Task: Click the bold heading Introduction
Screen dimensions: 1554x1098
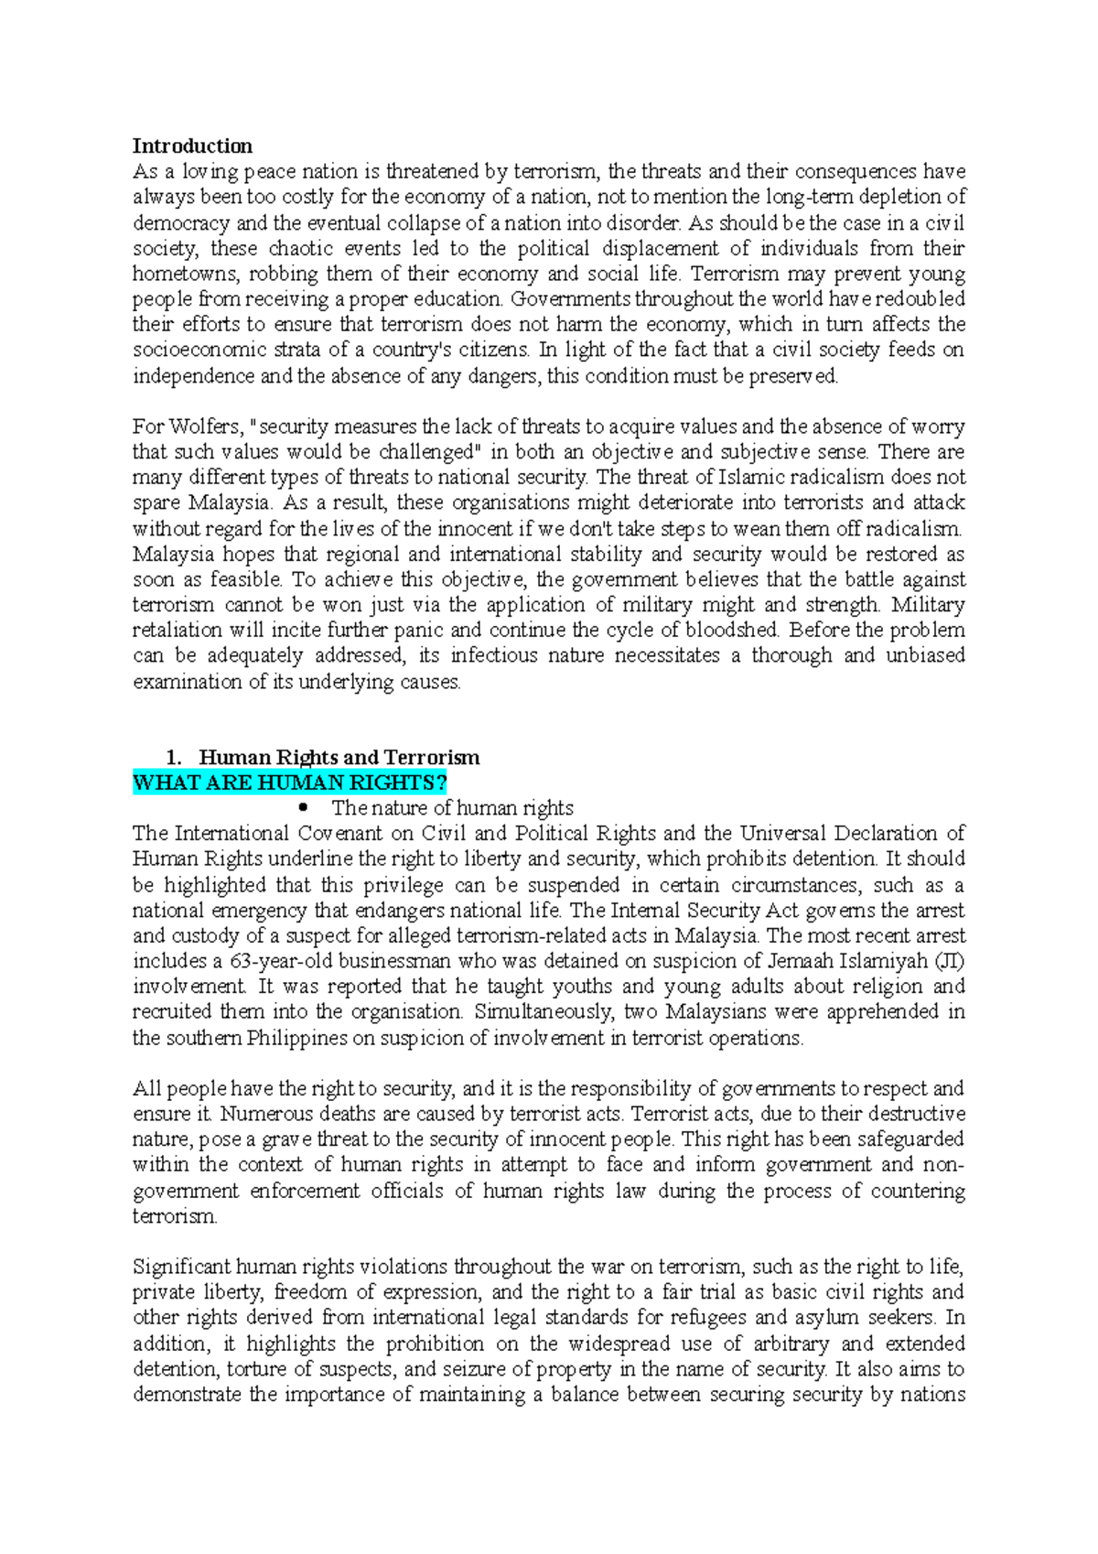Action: pos(192,146)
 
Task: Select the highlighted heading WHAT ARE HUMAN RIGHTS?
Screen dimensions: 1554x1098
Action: pos(289,782)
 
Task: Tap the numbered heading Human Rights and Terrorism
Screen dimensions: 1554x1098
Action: pos(339,757)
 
